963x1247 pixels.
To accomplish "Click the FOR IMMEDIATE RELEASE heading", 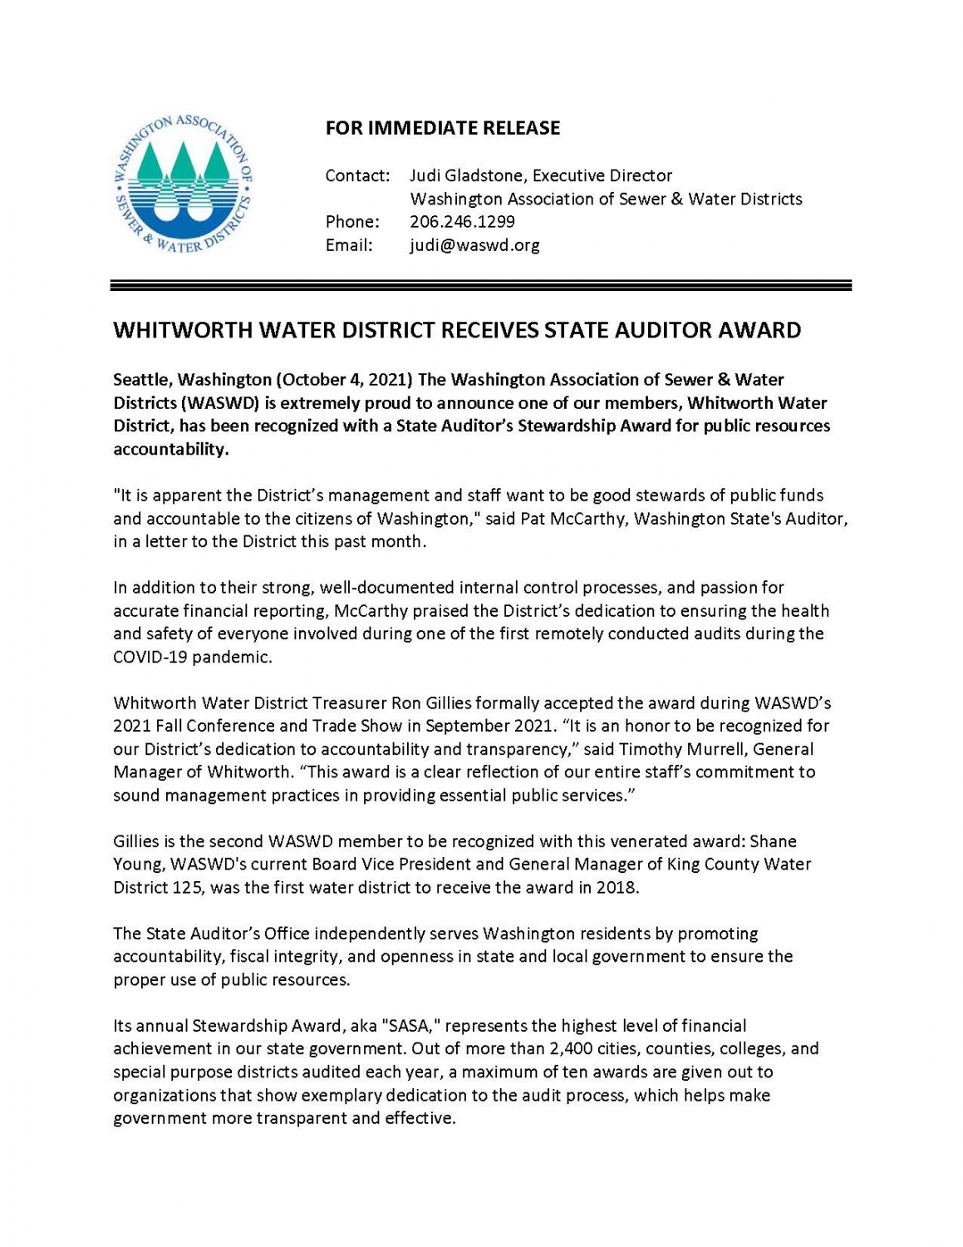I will (x=442, y=128).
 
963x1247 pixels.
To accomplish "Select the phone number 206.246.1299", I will (x=462, y=222).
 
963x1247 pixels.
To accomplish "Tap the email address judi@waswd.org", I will (x=474, y=245).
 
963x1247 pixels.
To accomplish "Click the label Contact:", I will (x=357, y=175).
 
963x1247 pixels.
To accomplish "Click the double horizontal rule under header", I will (x=481, y=285).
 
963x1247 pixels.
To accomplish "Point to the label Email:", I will (x=349, y=245).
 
